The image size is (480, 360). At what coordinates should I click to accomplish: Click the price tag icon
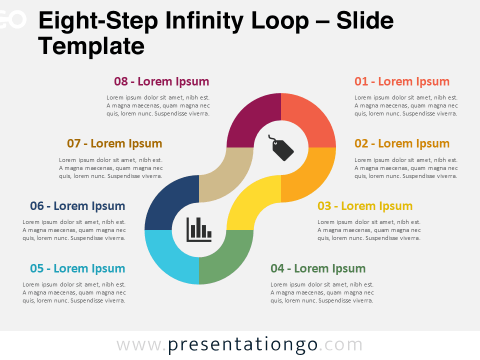283,148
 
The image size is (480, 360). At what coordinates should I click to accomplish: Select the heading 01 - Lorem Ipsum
402,81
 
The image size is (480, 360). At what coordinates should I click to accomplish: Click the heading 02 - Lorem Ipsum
402,143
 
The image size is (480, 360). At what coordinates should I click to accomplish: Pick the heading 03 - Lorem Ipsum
365,206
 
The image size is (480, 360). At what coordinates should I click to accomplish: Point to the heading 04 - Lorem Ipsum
318,268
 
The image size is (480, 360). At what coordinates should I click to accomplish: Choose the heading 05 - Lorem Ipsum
77,268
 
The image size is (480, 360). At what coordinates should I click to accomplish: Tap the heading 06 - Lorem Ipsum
77,206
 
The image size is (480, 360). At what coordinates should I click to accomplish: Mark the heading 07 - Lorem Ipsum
114,143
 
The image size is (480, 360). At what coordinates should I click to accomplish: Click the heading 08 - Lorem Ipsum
161,81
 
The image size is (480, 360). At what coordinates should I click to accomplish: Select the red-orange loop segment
310,118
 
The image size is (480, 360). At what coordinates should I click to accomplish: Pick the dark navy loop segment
167,200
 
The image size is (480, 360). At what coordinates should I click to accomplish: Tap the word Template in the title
91,46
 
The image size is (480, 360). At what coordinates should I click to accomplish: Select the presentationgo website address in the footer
240,345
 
